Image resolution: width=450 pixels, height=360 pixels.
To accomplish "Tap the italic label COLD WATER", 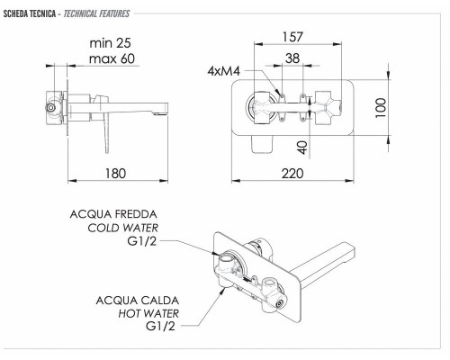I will (x=126, y=229).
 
